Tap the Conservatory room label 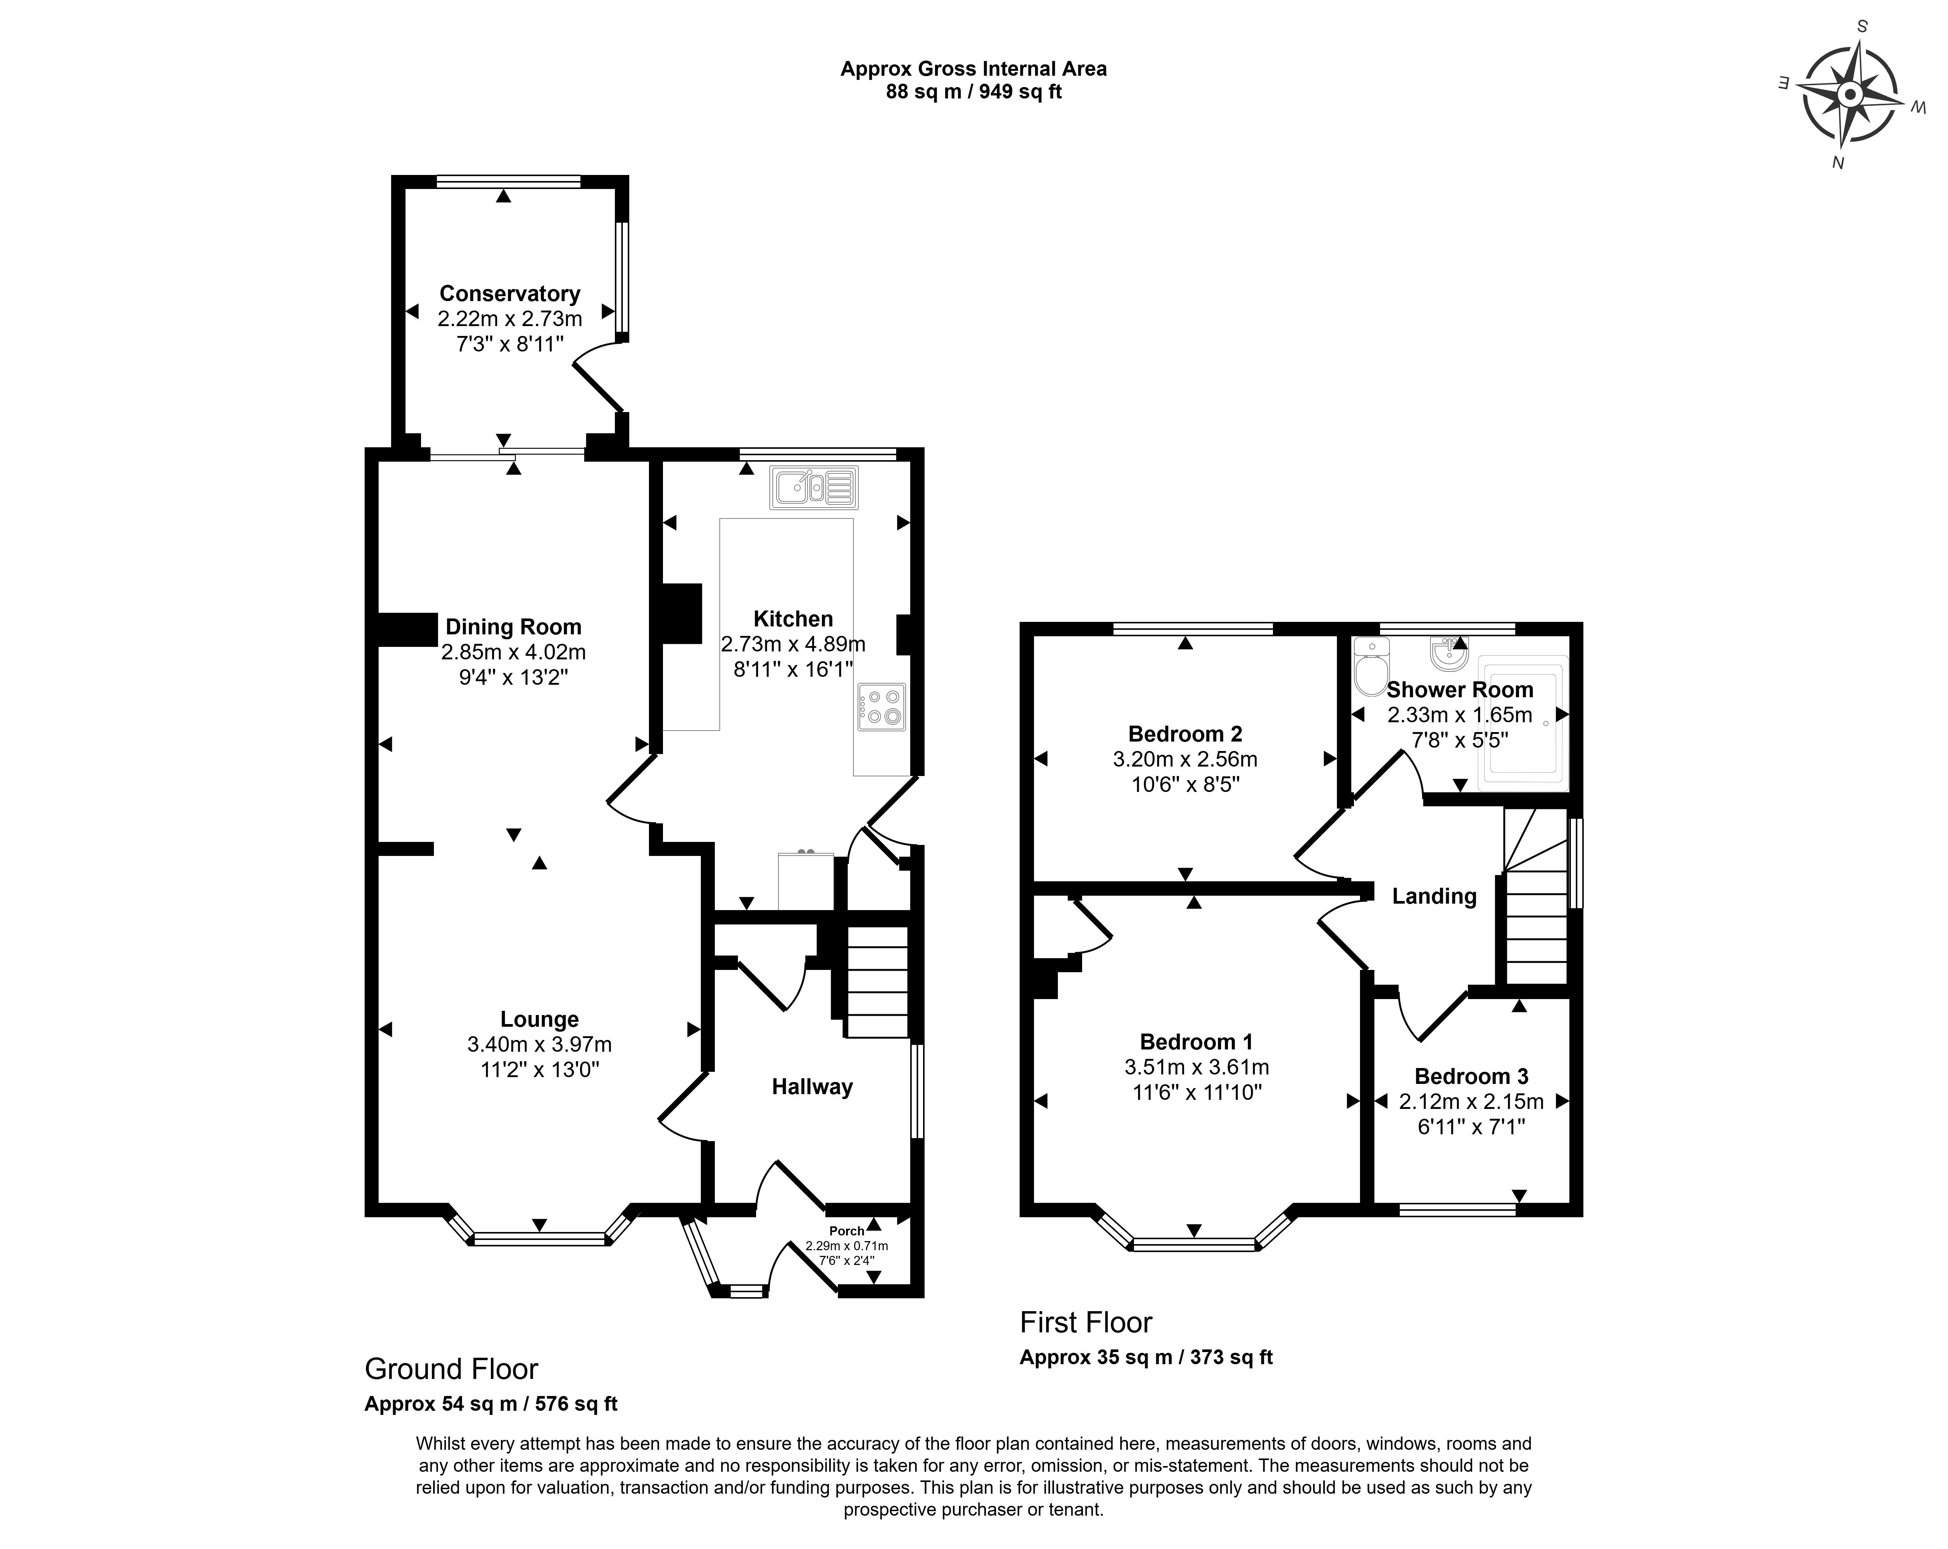coord(510,294)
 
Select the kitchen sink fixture coord(813,488)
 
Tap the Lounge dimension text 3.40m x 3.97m coord(540,1045)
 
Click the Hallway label coord(812,1087)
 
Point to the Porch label coord(847,1231)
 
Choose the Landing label coord(1434,896)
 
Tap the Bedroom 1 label coord(1196,1042)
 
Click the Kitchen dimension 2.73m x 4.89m coord(793,644)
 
